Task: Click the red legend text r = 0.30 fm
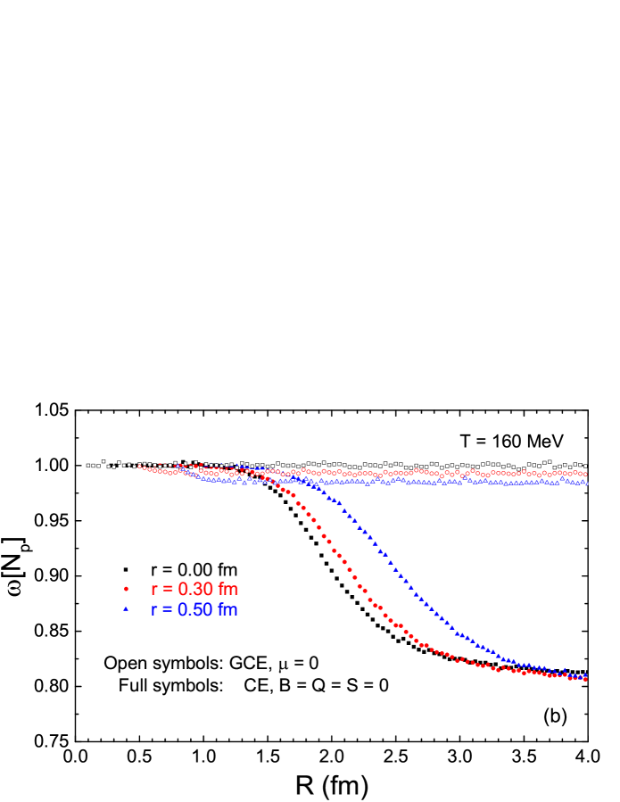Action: point(194,590)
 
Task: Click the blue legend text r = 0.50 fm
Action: point(194,610)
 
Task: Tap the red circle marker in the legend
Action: point(126,589)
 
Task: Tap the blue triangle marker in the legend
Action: point(126,609)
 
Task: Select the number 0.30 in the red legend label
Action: point(195,590)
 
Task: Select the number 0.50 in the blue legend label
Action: point(195,610)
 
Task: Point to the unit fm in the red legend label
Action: point(228,590)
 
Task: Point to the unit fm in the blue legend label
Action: point(227,610)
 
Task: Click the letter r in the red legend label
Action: point(154,590)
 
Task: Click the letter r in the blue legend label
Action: point(154,610)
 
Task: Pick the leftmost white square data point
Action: point(88,465)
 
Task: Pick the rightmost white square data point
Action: point(585,466)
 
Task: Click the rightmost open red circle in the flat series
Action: point(585,475)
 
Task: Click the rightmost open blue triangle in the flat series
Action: point(585,483)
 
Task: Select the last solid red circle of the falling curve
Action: point(585,679)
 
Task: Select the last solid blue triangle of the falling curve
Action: point(585,674)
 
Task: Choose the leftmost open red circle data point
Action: point(139,466)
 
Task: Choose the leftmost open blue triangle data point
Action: point(177,465)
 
